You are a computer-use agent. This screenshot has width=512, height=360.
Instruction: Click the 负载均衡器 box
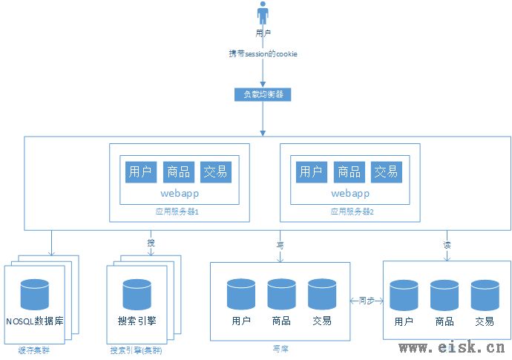pos(263,94)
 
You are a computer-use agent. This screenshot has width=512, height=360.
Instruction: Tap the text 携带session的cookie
pos(263,54)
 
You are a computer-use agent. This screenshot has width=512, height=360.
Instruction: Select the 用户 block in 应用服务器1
pos(140,171)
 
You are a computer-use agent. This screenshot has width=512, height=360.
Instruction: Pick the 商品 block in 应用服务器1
pos(178,171)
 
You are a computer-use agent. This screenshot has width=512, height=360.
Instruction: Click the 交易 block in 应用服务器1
pos(216,171)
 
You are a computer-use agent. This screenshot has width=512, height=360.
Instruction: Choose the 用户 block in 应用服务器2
pos(310,171)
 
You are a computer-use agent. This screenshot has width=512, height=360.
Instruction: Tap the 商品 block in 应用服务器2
pos(349,171)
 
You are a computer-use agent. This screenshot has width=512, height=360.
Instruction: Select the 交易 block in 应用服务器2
pos(386,171)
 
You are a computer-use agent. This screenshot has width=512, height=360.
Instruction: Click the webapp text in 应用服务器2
pos(349,193)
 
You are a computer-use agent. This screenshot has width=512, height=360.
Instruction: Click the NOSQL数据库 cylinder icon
pos(34,293)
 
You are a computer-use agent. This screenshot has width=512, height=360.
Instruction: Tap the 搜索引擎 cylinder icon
pos(137,294)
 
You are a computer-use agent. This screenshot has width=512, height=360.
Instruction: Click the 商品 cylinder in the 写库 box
pos(281,294)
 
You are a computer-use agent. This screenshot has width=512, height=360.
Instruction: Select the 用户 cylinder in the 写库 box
pos(241,294)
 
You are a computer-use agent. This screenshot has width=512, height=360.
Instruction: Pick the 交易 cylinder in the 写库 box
pos(322,294)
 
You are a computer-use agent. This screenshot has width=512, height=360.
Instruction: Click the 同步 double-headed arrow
pos(366,301)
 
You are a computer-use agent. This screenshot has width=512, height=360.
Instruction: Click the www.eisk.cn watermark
pos(452,347)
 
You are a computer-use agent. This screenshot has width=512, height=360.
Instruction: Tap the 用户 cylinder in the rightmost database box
pos(404,295)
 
